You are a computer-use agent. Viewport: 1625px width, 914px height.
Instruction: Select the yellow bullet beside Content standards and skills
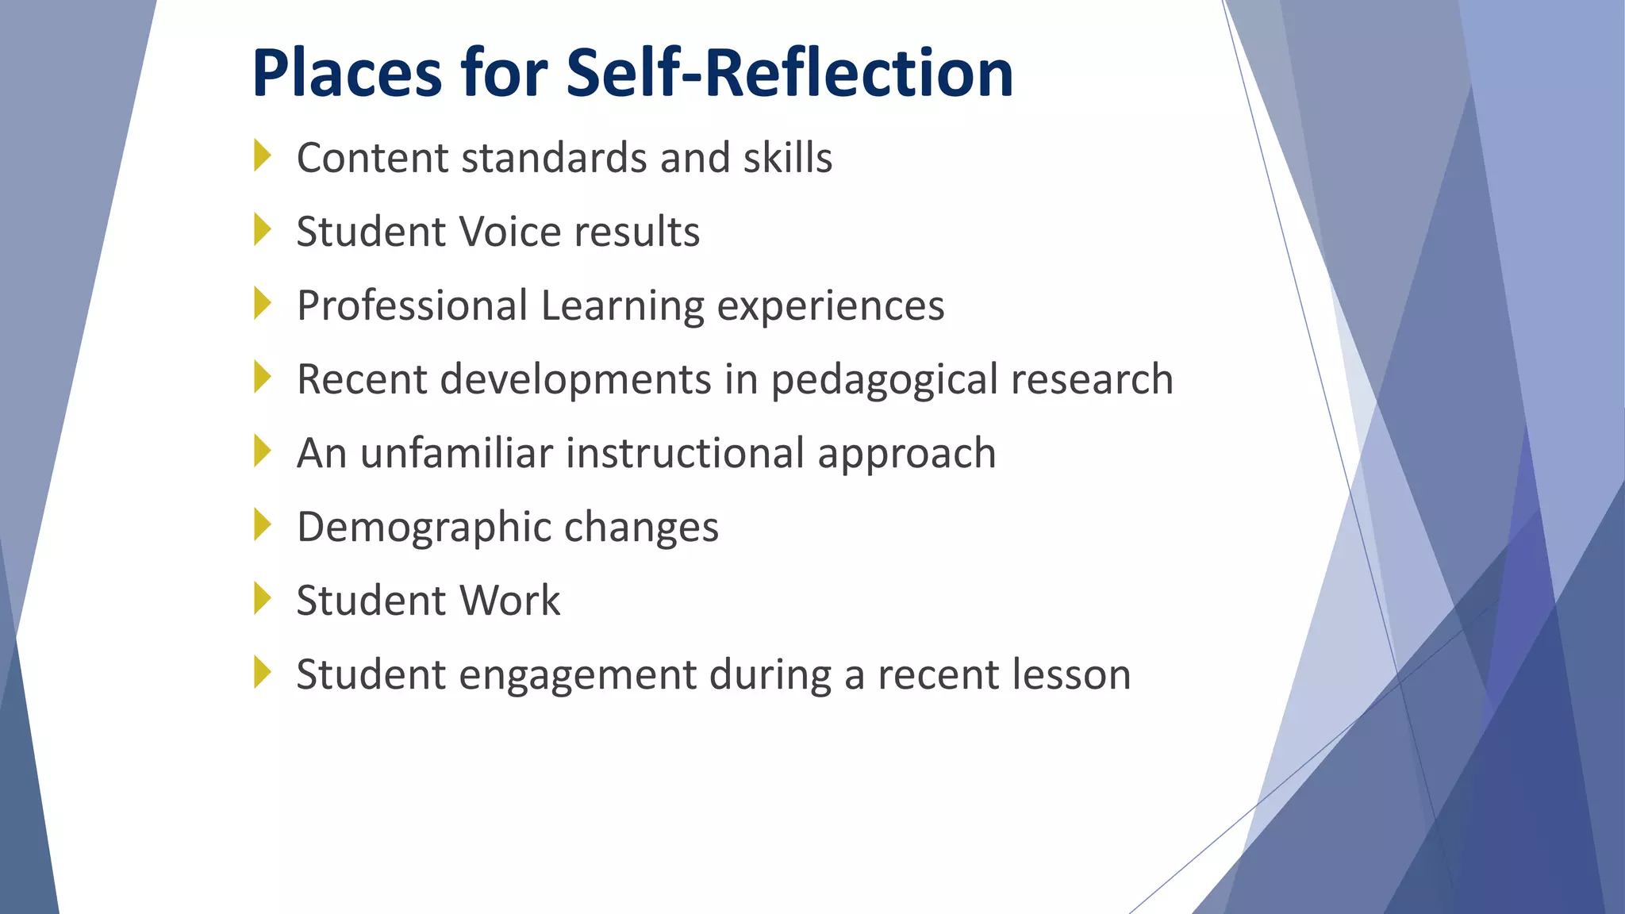click(x=263, y=156)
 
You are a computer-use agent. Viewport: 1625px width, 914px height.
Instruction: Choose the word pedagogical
click(x=884, y=379)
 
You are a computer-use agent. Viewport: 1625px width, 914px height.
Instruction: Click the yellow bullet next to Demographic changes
click(x=263, y=524)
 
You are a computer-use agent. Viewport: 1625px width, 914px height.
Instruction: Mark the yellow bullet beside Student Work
click(x=263, y=598)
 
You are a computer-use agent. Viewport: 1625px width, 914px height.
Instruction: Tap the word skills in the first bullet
click(x=788, y=157)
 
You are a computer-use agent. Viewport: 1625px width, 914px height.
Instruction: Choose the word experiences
click(x=831, y=305)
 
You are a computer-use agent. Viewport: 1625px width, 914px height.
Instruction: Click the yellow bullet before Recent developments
click(x=263, y=377)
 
